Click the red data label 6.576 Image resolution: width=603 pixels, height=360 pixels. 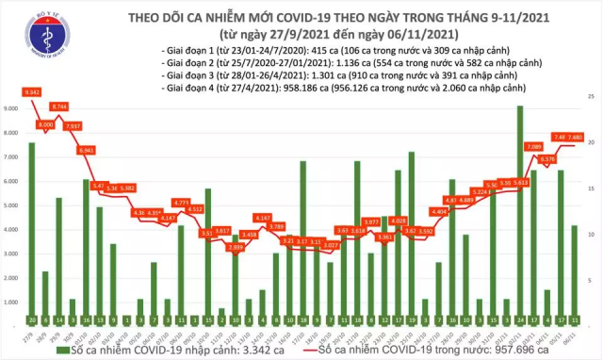(547, 159)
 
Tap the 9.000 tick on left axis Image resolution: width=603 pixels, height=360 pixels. (10, 108)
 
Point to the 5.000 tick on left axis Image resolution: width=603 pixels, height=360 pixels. (10, 204)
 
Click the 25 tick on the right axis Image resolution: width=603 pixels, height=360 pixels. (591, 97)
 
